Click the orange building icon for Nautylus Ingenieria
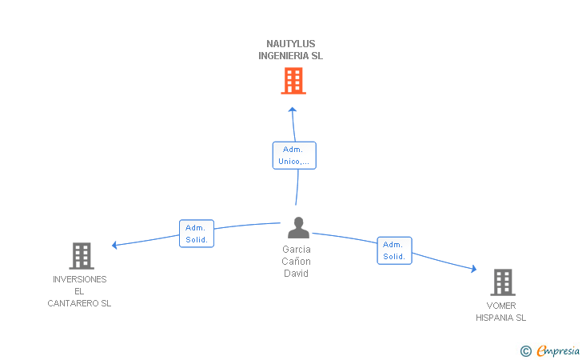(x=293, y=81)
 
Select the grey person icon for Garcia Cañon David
(x=298, y=227)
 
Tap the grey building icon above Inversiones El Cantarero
(x=82, y=256)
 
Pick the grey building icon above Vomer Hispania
(x=503, y=282)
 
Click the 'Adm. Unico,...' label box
(x=294, y=155)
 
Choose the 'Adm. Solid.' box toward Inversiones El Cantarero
(x=197, y=234)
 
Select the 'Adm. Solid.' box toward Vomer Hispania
(x=395, y=250)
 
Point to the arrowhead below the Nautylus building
(x=293, y=110)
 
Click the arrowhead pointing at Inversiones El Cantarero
(x=114, y=245)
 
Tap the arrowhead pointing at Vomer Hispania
(x=474, y=269)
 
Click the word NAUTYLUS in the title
(x=291, y=44)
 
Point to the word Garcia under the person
(x=296, y=250)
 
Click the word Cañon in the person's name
(x=296, y=261)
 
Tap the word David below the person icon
(x=296, y=274)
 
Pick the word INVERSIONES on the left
(x=79, y=279)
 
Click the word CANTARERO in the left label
(x=74, y=303)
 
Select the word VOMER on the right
(x=501, y=306)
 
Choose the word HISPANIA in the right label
(x=496, y=318)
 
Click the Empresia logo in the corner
(x=550, y=350)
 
